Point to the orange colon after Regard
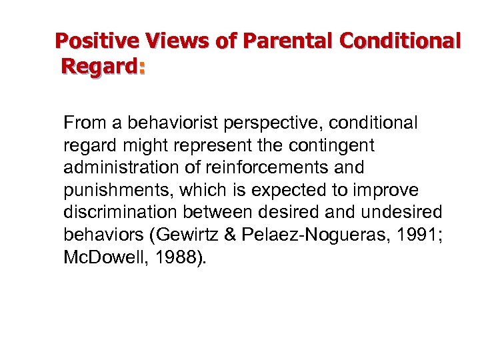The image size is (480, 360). click(x=141, y=67)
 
